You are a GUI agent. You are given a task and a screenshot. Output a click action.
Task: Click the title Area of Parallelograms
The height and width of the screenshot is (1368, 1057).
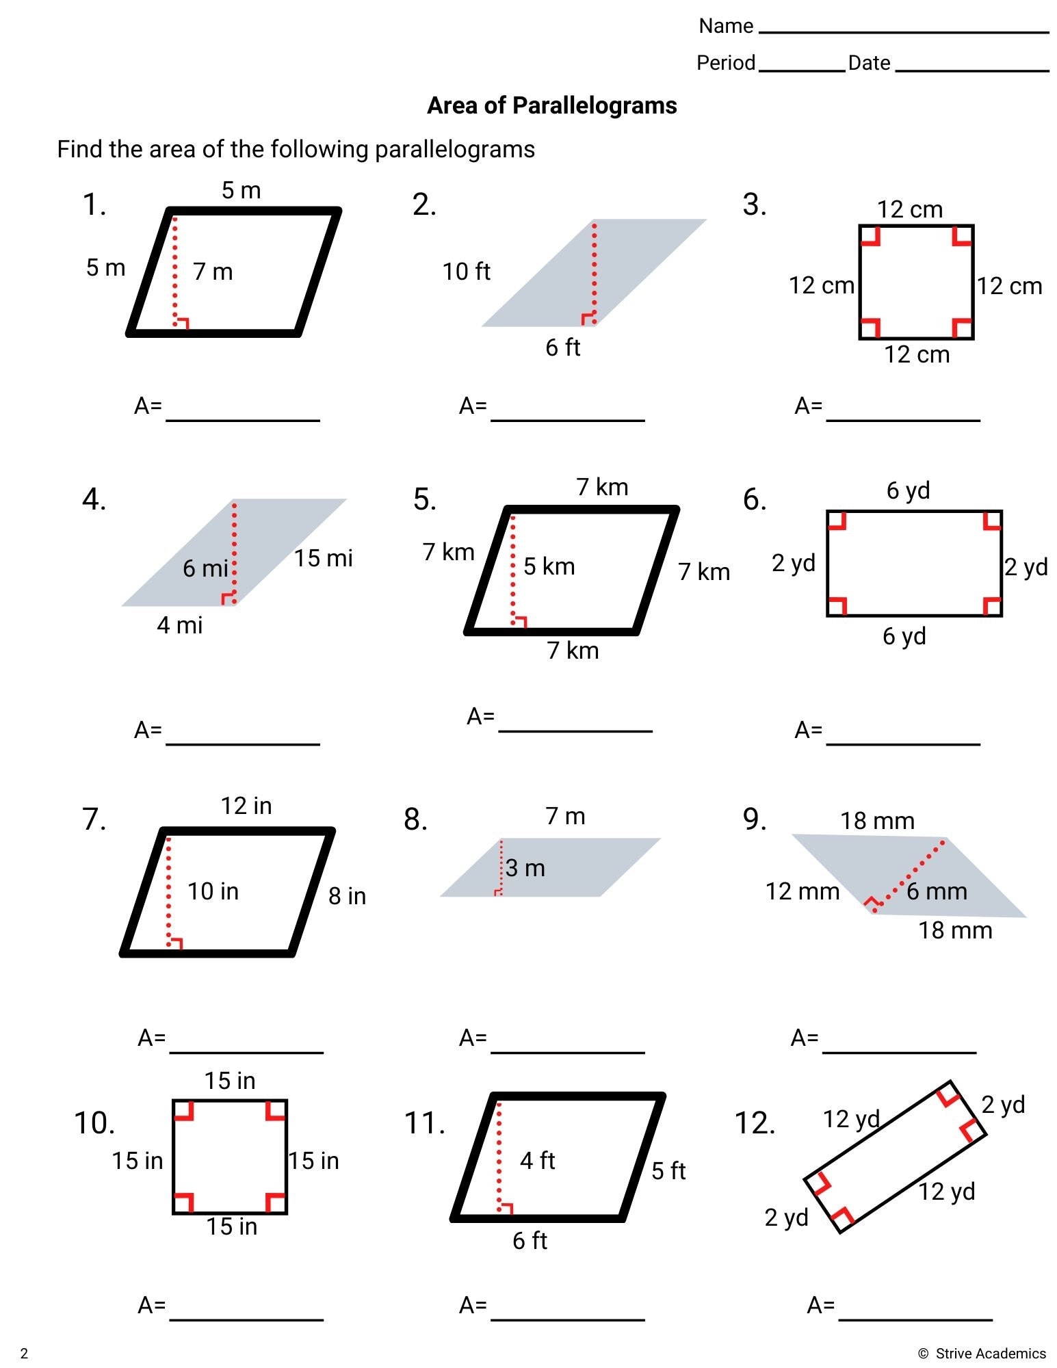pos(551,105)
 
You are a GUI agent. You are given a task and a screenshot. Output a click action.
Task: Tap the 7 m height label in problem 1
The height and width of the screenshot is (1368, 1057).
pos(213,272)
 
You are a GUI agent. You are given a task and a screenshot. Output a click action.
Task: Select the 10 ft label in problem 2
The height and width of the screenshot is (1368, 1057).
pos(466,272)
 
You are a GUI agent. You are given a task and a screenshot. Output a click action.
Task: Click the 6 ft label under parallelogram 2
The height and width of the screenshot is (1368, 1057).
pos(562,347)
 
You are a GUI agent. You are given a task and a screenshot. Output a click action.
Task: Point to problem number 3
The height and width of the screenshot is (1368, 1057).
pos(755,205)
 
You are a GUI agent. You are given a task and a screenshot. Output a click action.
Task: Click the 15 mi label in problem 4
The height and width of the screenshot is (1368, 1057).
pos(323,558)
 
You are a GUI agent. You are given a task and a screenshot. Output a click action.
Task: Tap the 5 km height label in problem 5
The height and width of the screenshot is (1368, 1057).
pos(549,566)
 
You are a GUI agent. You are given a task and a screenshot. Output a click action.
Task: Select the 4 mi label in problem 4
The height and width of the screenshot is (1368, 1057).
pos(179,625)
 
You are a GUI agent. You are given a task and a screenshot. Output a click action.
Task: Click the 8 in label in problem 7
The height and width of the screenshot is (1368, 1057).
pos(347,896)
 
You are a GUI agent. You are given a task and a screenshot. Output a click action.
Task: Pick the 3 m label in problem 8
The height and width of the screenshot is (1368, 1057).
pos(525,868)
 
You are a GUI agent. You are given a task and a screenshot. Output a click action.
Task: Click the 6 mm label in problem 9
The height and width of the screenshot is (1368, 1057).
pos(937,891)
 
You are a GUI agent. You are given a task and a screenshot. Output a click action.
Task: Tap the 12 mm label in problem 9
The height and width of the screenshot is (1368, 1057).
pos(802,891)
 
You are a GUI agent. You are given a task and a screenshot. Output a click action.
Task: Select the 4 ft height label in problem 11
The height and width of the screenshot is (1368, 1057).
pos(537,1160)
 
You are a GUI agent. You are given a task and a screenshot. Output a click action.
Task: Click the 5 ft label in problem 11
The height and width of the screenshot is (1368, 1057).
pos(668,1170)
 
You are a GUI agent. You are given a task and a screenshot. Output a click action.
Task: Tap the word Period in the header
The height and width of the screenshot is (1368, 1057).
pos(725,63)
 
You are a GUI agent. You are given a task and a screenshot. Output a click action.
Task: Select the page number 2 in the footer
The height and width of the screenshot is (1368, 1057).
pos(24,1353)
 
